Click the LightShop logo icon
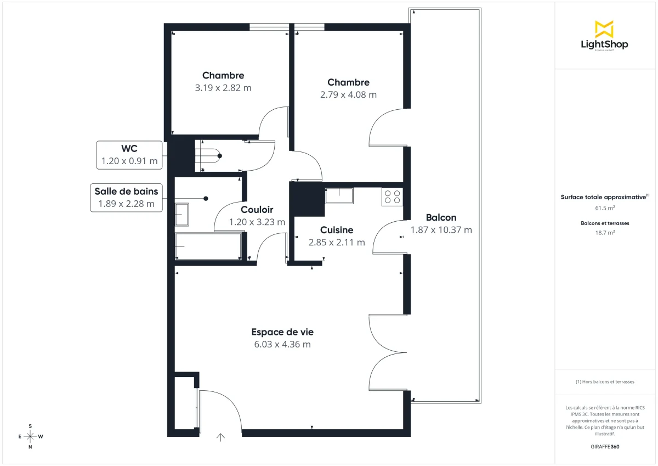[604, 29]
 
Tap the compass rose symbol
[30, 436]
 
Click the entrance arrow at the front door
[220, 437]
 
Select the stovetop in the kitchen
[392, 196]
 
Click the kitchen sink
[339, 195]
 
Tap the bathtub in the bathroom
[208, 246]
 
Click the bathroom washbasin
[181, 214]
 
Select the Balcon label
[441, 217]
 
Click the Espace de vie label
[282, 332]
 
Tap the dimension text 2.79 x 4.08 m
[348, 94]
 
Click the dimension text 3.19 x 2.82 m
[223, 88]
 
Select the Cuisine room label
[337, 230]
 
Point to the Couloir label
[257, 210]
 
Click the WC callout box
[129, 155]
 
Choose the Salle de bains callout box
[126, 198]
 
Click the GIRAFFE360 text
[605, 447]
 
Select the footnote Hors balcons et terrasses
[605, 381]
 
